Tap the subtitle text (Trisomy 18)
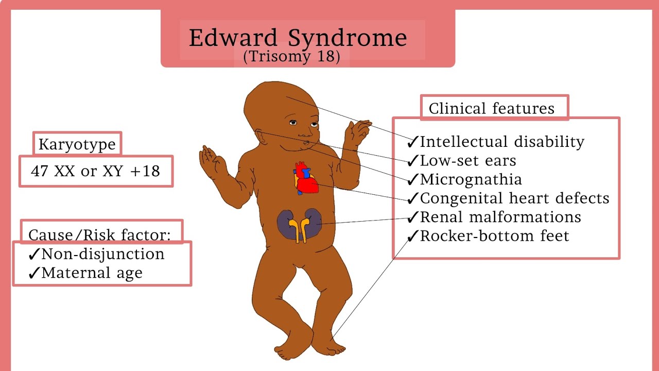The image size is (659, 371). (292, 57)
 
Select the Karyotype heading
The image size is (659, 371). (77, 144)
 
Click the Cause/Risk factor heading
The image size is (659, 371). (99, 235)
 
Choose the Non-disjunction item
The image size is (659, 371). (103, 254)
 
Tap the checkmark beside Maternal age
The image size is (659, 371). (34, 274)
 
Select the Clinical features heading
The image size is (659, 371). (492, 109)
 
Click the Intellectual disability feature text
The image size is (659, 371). (502, 142)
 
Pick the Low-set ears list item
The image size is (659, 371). (468, 161)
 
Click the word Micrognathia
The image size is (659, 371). (471, 179)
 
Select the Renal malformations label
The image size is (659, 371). (500, 217)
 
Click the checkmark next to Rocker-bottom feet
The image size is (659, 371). (413, 237)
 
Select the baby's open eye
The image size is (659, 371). (293, 123)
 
